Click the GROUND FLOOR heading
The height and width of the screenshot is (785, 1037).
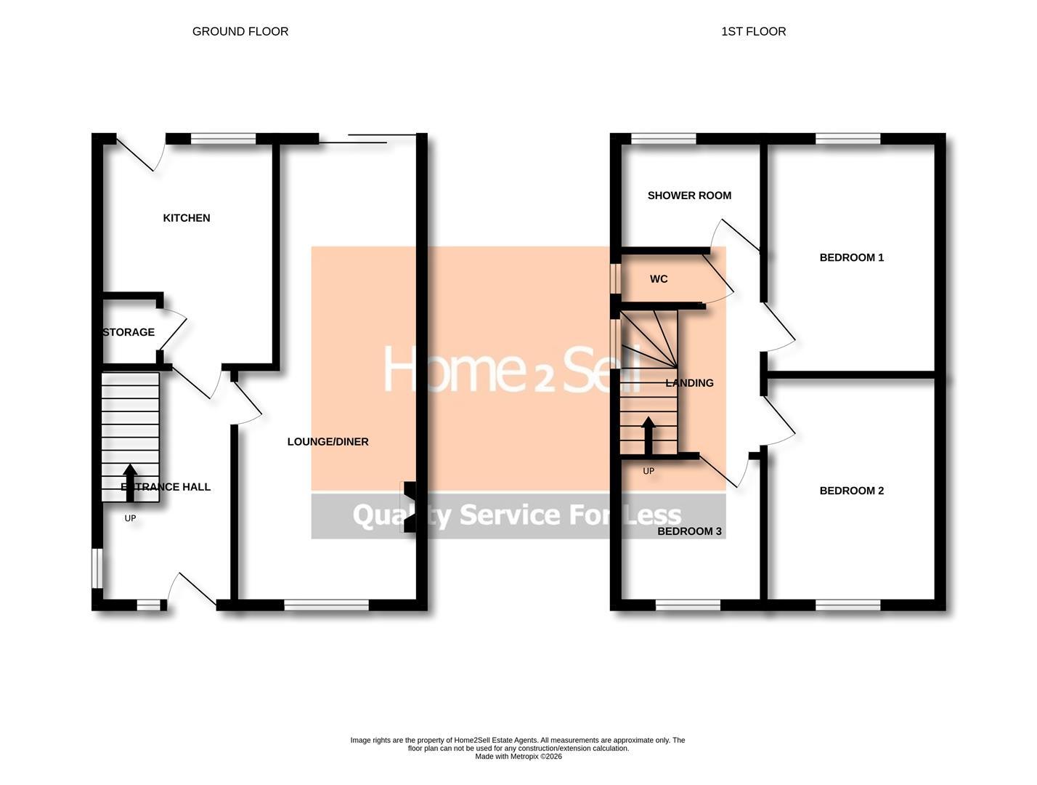[x=240, y=31]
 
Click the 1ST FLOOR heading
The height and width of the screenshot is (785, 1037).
[x=753, y=31]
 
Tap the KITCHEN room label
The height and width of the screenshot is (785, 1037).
[x=187, y=218]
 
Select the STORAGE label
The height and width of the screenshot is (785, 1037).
[x=129, y=332]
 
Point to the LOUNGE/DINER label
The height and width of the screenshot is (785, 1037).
[x=328, y=442]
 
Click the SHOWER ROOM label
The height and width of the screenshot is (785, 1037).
[x=689, y=196]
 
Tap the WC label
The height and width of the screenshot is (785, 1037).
[x=659, y=279]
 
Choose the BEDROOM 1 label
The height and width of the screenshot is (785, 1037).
[x=851, y=257]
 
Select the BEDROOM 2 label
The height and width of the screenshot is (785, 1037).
[x=851, y=491]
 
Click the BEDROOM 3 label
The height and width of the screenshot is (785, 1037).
[x=689, y=531]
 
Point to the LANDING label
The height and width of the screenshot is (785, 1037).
[x=689, y=383]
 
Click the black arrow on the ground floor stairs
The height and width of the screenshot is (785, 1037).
[x=130, y=483]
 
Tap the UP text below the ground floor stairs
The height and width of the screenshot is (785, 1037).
[x=130, y=518]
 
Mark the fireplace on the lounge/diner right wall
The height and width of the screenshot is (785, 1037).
[x=410, y=507]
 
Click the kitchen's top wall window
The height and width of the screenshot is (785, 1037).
[x=224, y=139]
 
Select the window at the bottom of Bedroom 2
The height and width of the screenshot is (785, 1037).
[x=847, y=605]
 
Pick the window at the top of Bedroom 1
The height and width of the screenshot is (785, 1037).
[x=847, y=139]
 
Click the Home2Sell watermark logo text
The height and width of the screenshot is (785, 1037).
[x=512, y=369]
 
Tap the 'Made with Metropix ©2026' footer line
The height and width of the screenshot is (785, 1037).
[x=518, y=757]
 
